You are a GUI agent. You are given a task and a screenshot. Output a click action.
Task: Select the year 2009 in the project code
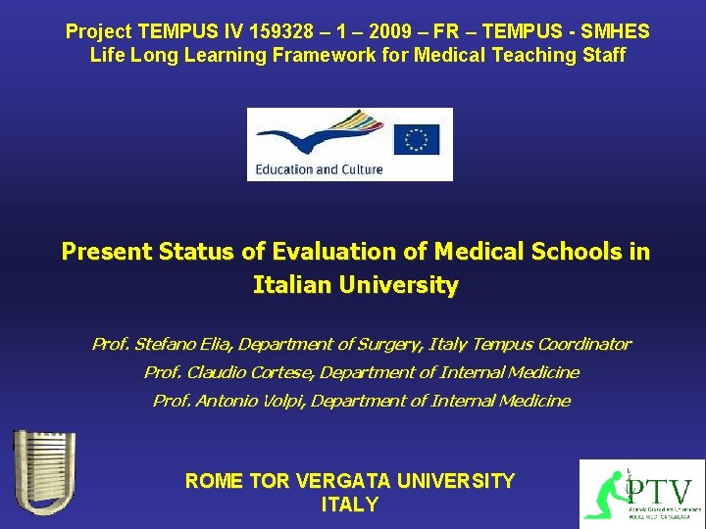(388, 31)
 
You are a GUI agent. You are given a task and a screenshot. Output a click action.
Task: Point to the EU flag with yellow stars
(417, 140)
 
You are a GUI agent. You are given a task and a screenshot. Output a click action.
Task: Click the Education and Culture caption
(319, 169)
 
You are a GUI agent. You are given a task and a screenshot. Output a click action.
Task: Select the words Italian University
(355, 286)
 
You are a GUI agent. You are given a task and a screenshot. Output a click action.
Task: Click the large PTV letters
(660, 490)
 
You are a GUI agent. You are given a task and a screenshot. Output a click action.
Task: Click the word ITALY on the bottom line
(349, 505)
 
